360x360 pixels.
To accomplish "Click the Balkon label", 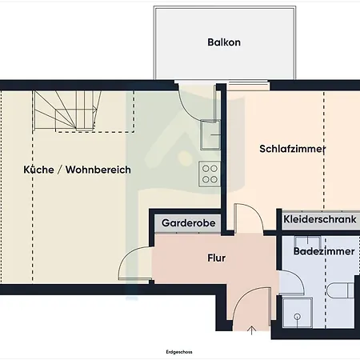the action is pyautogui.click(x=224, y=42).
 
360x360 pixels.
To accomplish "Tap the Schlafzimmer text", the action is pyautogui.click(x=293, y=149).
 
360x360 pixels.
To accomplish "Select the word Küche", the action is pyautogui.click(x=38, y=170).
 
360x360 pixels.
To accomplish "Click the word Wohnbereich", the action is pyautogui.click(x=98, y=170).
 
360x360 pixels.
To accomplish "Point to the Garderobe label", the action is pyautogui.click(x=189, y=223).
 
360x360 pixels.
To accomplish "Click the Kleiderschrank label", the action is pyautogui.click(x=320, y=219).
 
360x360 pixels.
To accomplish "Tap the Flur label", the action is pyautogui.click(x=217, y=258).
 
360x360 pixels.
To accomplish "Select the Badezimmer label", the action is pyautogui.click(x=324, y=251).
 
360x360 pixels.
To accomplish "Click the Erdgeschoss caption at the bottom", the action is pyautogui.click(x=179, y=352).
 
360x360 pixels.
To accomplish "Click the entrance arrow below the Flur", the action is pyautogui.click(x=251, y=330).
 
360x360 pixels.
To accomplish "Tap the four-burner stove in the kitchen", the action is pyautogui.click(x=210, y=174).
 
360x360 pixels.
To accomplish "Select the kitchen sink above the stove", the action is pyautogui.click(x=210, y=135).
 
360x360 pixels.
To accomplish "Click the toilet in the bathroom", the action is pyautogui.click(x=340, y=290).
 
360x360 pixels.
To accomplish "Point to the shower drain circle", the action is pyautogui.click(x=298, y=317).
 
